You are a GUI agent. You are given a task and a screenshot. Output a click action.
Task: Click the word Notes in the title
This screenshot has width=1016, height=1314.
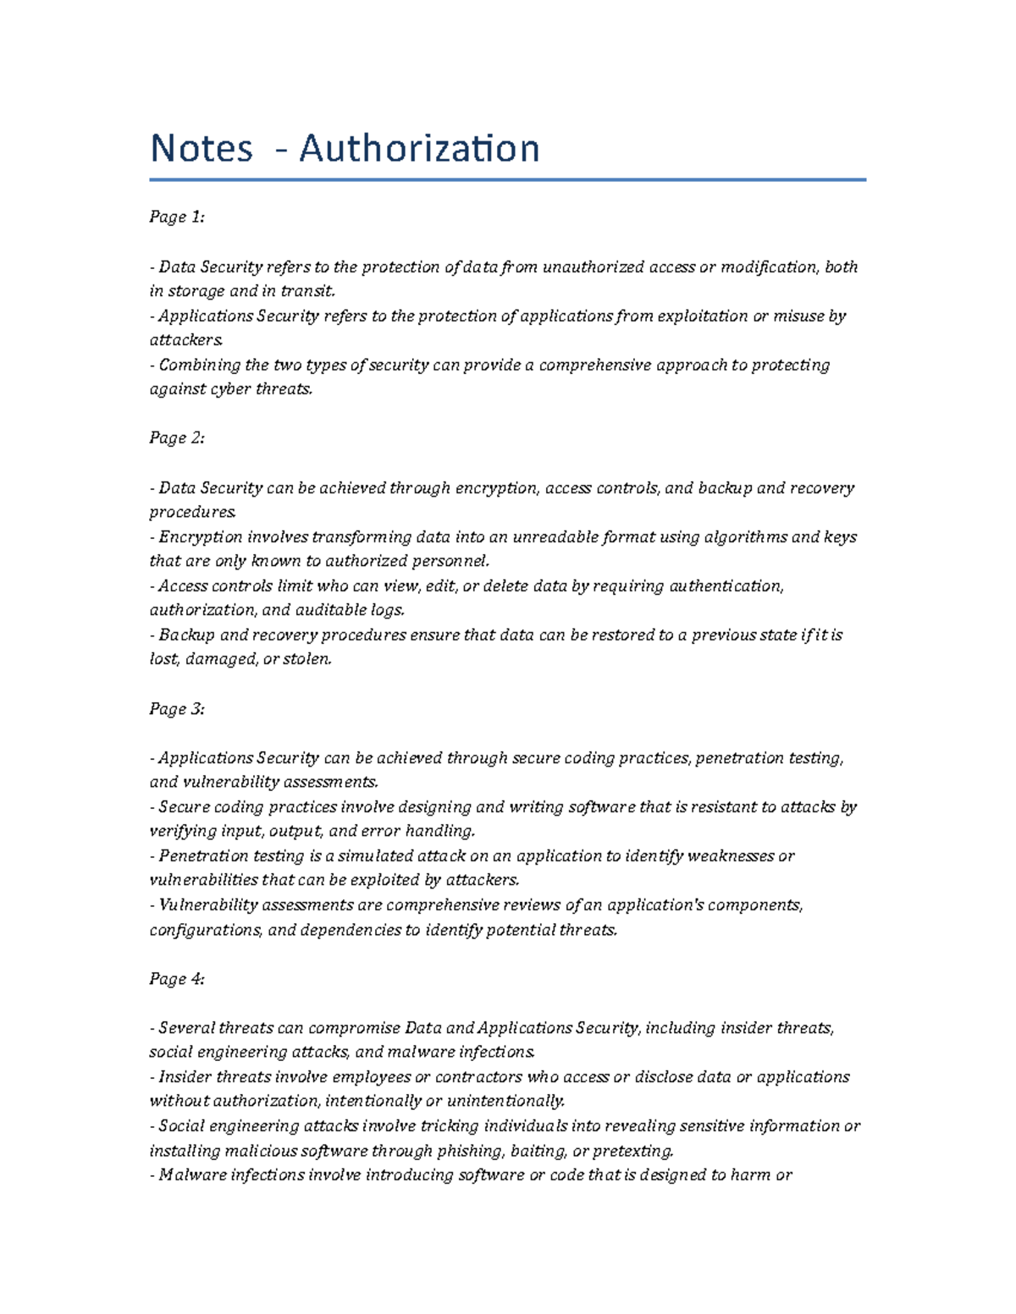(x=202, y=149)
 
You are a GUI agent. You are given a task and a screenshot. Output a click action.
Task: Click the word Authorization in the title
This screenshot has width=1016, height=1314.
(x=419, y=149)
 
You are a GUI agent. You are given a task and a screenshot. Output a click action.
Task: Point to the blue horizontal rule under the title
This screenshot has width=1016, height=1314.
(x=507, y=179)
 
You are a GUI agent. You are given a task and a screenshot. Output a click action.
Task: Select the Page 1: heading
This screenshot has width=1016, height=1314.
(x=177, y=217)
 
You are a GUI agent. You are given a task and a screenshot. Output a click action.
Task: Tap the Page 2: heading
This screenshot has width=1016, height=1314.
(x=177, y=438)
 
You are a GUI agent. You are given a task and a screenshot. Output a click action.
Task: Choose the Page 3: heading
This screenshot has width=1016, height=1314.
(x=177, y=709)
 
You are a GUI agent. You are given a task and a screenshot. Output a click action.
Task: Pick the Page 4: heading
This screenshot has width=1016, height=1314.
(x=177, y=979)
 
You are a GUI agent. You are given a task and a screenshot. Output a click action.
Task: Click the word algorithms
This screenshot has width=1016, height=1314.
(x=745, y=537)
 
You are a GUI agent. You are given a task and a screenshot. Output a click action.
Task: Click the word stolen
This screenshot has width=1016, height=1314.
(x=307, y=659)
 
